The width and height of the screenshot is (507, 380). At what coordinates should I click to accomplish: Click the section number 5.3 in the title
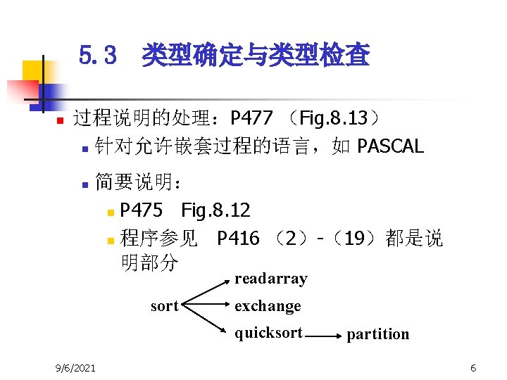pyautogui.click(x=97, y=55)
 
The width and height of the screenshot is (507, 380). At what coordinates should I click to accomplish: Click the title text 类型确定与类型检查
pyautogui.click(x=255, y=55)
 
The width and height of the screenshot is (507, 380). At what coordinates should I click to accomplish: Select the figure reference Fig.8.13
pyautogui.click(x=336, y=116)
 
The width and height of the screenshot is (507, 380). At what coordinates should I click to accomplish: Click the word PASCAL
pyautogui.click(x=390, y=146)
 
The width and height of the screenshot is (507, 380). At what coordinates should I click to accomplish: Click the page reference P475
pyautogui.click(x=142, y=210)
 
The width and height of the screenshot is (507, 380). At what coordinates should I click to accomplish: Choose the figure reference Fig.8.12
pyautogui.click(x=215, y=210)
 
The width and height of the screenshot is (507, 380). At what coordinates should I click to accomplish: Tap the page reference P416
pyautogui.click(x=238, y=239)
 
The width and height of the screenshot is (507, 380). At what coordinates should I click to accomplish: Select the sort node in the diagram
pyautogui.click(x=165, y=306)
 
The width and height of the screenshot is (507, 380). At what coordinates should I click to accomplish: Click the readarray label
pyautogui.click(x=270, y=279)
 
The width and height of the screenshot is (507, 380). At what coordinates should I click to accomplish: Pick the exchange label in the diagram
pyautogui.click(x=268, y=306)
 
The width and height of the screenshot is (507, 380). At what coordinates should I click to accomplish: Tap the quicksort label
pyautogui.click(x=268, y=333)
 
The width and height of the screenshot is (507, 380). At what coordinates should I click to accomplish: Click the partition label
pyautogui.click(x=377, y=334)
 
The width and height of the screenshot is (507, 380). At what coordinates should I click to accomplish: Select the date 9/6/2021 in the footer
pyautogui.click(x=77, y=368)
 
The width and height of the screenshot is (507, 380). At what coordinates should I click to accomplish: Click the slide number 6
pyautogui.click(x=473, y=368)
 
